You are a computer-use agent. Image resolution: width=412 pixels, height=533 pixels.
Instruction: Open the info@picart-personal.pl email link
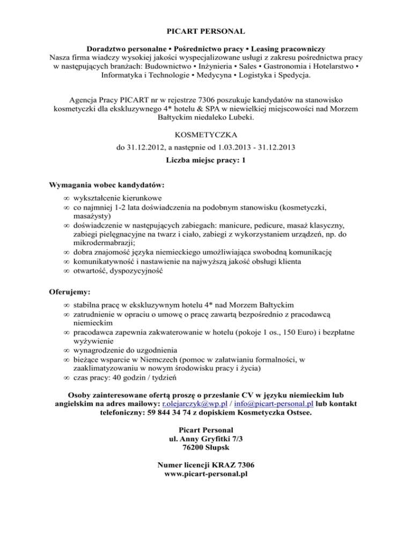coord(274,403)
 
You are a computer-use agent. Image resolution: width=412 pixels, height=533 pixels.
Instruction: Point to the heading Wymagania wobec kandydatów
coord(106,185)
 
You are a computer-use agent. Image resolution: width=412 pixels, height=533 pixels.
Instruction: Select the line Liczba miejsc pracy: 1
coord(206,160)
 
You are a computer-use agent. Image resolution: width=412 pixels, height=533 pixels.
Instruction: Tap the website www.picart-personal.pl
coord(206,475)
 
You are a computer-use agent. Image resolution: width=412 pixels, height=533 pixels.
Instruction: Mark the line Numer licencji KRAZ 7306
coord(206,464)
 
